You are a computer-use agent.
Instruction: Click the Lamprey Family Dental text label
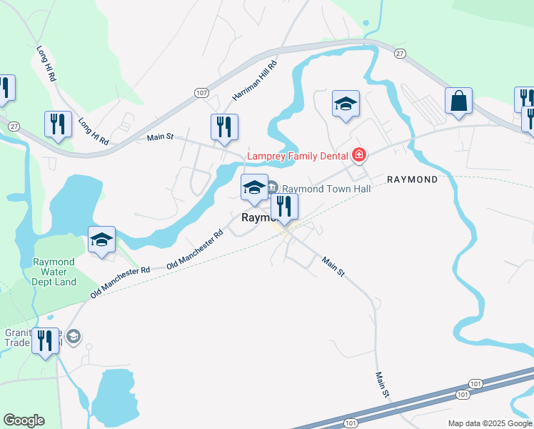tap(298, 155)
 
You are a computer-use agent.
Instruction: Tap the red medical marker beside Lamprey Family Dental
tap(359, 155)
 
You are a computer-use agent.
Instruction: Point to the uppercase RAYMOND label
tap(412, 179)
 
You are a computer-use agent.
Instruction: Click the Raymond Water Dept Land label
tap(54, 272)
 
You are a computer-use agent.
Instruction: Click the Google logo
tap(24, 420)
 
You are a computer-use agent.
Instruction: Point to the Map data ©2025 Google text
tap(489, 423)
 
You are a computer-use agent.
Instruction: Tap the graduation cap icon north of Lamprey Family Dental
tap(346, 104)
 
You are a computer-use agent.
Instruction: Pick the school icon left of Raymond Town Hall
tap(254, 187)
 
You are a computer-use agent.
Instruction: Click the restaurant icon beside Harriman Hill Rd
tap(225, 127)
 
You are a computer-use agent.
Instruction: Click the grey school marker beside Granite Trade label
tap(75, 336)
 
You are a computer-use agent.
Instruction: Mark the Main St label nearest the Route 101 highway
tap(383, 384)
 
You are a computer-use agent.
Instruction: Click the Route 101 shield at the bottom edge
tap(350, 423)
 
